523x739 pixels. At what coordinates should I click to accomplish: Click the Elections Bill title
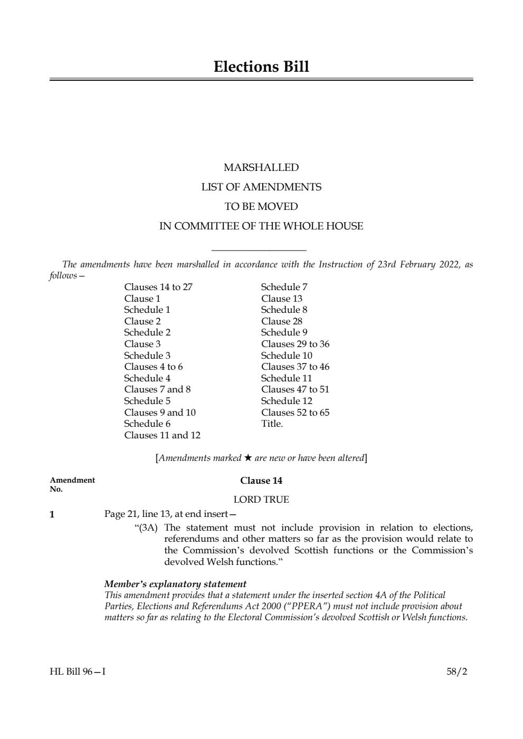point(261,67)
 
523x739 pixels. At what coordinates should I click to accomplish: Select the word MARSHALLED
point(261,168)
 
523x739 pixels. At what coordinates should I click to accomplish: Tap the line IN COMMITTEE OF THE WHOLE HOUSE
point(261,226)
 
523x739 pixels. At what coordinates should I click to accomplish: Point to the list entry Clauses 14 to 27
point(158,287)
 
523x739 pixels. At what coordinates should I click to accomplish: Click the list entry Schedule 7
point(284,287)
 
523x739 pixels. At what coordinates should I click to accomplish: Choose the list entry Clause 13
point(282,299)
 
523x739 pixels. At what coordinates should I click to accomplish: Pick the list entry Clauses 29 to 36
point(295,344)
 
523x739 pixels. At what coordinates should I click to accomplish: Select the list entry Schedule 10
point(287,356)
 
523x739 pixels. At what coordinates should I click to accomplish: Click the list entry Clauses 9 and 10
point(160,412)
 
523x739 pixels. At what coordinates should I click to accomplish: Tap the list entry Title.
point(272,424)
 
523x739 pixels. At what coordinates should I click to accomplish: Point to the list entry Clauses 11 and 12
point(162,435)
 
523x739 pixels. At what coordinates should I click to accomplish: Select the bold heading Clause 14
point(261,481)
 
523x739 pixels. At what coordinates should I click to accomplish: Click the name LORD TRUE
point(261,500)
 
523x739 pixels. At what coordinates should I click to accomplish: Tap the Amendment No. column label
point(72,484)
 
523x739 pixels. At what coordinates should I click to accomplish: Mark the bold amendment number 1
point(52,514)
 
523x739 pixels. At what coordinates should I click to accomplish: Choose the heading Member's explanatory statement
point(175,584)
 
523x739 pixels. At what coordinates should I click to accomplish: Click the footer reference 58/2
point(457,671)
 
